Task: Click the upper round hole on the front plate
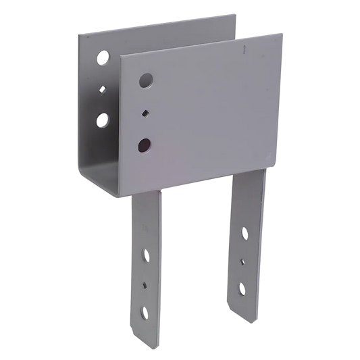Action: pos(147,82)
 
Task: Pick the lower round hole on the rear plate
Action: pos(102,121)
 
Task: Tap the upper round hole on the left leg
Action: pos(145,256)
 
